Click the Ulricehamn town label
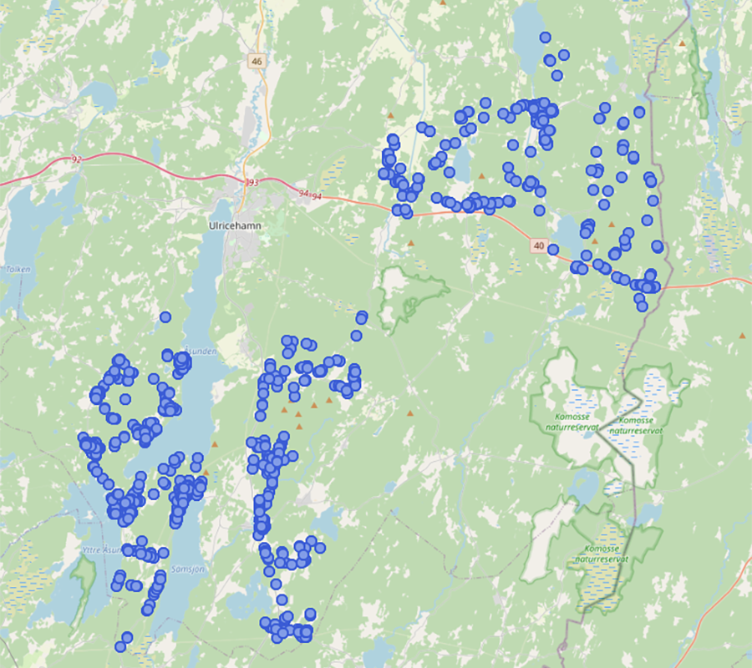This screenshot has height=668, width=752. (228, 225)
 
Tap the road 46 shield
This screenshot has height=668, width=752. (257, 61)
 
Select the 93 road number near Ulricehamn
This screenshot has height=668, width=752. (252, 183)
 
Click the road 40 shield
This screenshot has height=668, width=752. (538, 245)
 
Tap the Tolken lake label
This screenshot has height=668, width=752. (18, 269)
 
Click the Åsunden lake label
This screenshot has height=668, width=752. (201, 352)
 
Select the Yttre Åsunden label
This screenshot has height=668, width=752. (102, 550)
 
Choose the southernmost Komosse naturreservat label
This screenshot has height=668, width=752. (600, 554)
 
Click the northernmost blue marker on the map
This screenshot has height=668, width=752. (545, 37)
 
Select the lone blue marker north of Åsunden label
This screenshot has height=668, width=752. (165, 316)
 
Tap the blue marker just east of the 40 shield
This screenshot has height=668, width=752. (553, 249)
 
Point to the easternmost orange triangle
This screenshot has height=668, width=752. (742, 336)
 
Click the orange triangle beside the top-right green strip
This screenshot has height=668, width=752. (683, 43)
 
